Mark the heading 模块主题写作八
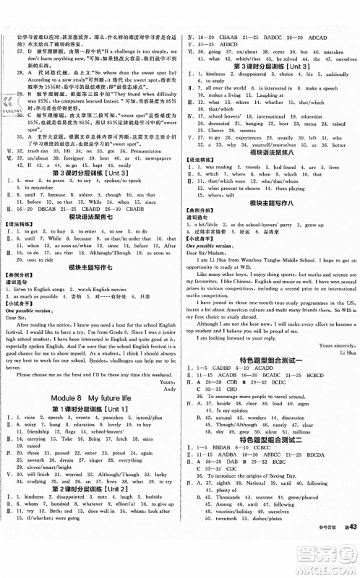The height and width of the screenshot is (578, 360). pos(270,204)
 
